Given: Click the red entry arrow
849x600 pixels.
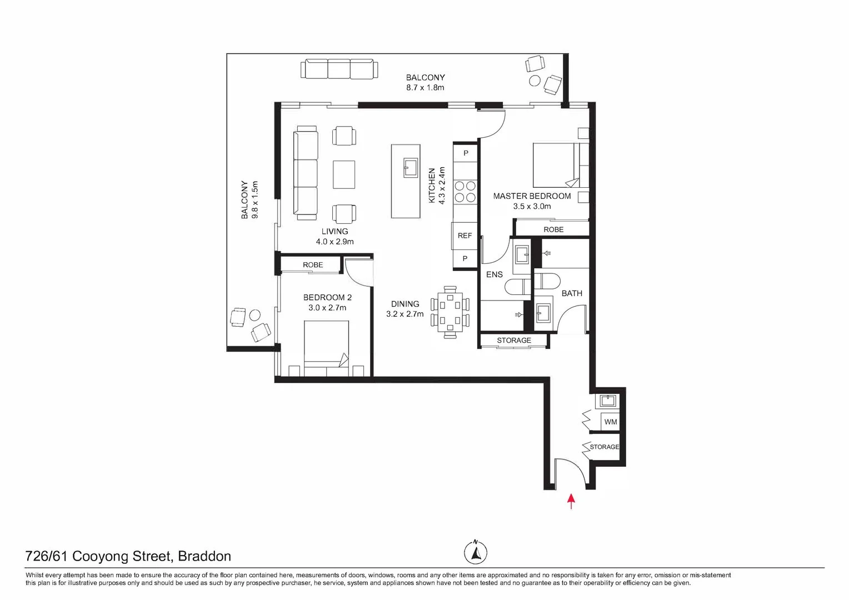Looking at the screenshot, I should click(x=571, y=501).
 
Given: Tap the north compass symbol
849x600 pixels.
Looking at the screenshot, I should click(x=476, y=552).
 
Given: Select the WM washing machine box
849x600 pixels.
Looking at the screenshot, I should click(x=611, y=422).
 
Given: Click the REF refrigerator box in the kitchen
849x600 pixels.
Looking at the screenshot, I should click(x=465, y=236).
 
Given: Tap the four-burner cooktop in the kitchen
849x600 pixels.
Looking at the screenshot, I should click(x=465, y=191).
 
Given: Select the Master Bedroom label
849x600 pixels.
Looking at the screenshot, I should click(x=532, y=196).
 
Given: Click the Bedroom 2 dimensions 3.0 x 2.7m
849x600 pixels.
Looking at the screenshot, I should click(x=327, y=308).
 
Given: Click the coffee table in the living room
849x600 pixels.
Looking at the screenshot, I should click(x=344, y=174).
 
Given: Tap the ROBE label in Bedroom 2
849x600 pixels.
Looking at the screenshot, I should click(x=313, y=265).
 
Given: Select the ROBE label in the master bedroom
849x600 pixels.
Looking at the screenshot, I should click(x=553, y=229).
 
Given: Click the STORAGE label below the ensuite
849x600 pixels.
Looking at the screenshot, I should click(x=514, y=341).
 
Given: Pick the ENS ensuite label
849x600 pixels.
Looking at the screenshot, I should click(x=494, y=274).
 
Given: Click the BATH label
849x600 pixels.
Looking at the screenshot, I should click(x=572, y=293).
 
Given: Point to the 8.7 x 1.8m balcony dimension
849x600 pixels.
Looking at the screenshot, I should click(x=425, y=88).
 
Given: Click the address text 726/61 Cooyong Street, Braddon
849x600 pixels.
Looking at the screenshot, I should click(x=128, y=556).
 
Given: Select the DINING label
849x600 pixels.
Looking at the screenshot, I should click(x=405, y=304).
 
